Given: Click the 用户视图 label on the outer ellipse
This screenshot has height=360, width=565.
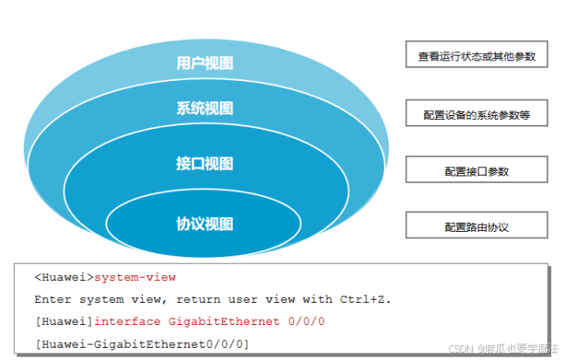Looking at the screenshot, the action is pos(205,63).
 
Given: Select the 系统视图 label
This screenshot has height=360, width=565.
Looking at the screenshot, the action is pos(205,108).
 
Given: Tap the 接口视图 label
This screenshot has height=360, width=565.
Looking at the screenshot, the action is pos(205,163).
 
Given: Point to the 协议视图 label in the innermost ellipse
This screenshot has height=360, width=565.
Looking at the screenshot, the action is pos(205,224).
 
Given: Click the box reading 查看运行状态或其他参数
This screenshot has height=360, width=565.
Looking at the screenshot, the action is pos(477,56).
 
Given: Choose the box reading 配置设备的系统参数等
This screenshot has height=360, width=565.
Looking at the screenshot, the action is pos(477,115).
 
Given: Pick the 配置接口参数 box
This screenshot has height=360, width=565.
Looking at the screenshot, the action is pos(477,171).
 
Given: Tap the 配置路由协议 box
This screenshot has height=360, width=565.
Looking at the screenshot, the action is pos(477,226).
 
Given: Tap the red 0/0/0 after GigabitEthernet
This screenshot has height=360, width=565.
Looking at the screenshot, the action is pos(307,322).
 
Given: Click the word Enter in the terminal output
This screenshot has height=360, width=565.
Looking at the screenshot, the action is pos(51,300).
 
